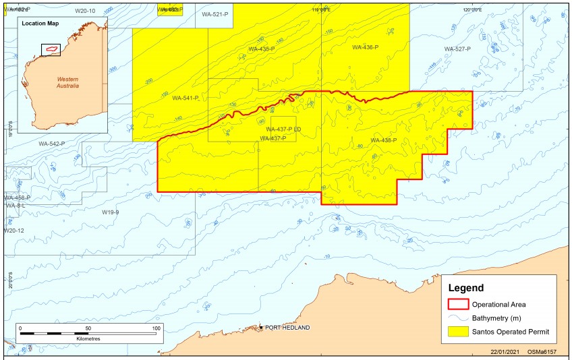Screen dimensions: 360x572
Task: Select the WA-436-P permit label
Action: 365,48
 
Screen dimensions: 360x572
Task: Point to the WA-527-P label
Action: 458,49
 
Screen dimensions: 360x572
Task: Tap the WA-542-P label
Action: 52,144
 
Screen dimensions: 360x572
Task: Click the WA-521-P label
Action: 214,14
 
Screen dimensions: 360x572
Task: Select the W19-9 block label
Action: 110,212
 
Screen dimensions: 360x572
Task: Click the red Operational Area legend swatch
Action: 457,304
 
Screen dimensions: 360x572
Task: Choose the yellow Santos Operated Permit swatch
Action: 457,332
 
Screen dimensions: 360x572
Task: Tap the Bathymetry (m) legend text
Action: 497,318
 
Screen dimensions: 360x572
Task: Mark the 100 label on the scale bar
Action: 156,328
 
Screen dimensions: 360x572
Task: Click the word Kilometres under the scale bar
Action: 88,338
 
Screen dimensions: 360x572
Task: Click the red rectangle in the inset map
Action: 51,49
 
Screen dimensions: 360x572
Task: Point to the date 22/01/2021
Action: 506,351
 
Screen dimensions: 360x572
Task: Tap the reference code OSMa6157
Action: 542,351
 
